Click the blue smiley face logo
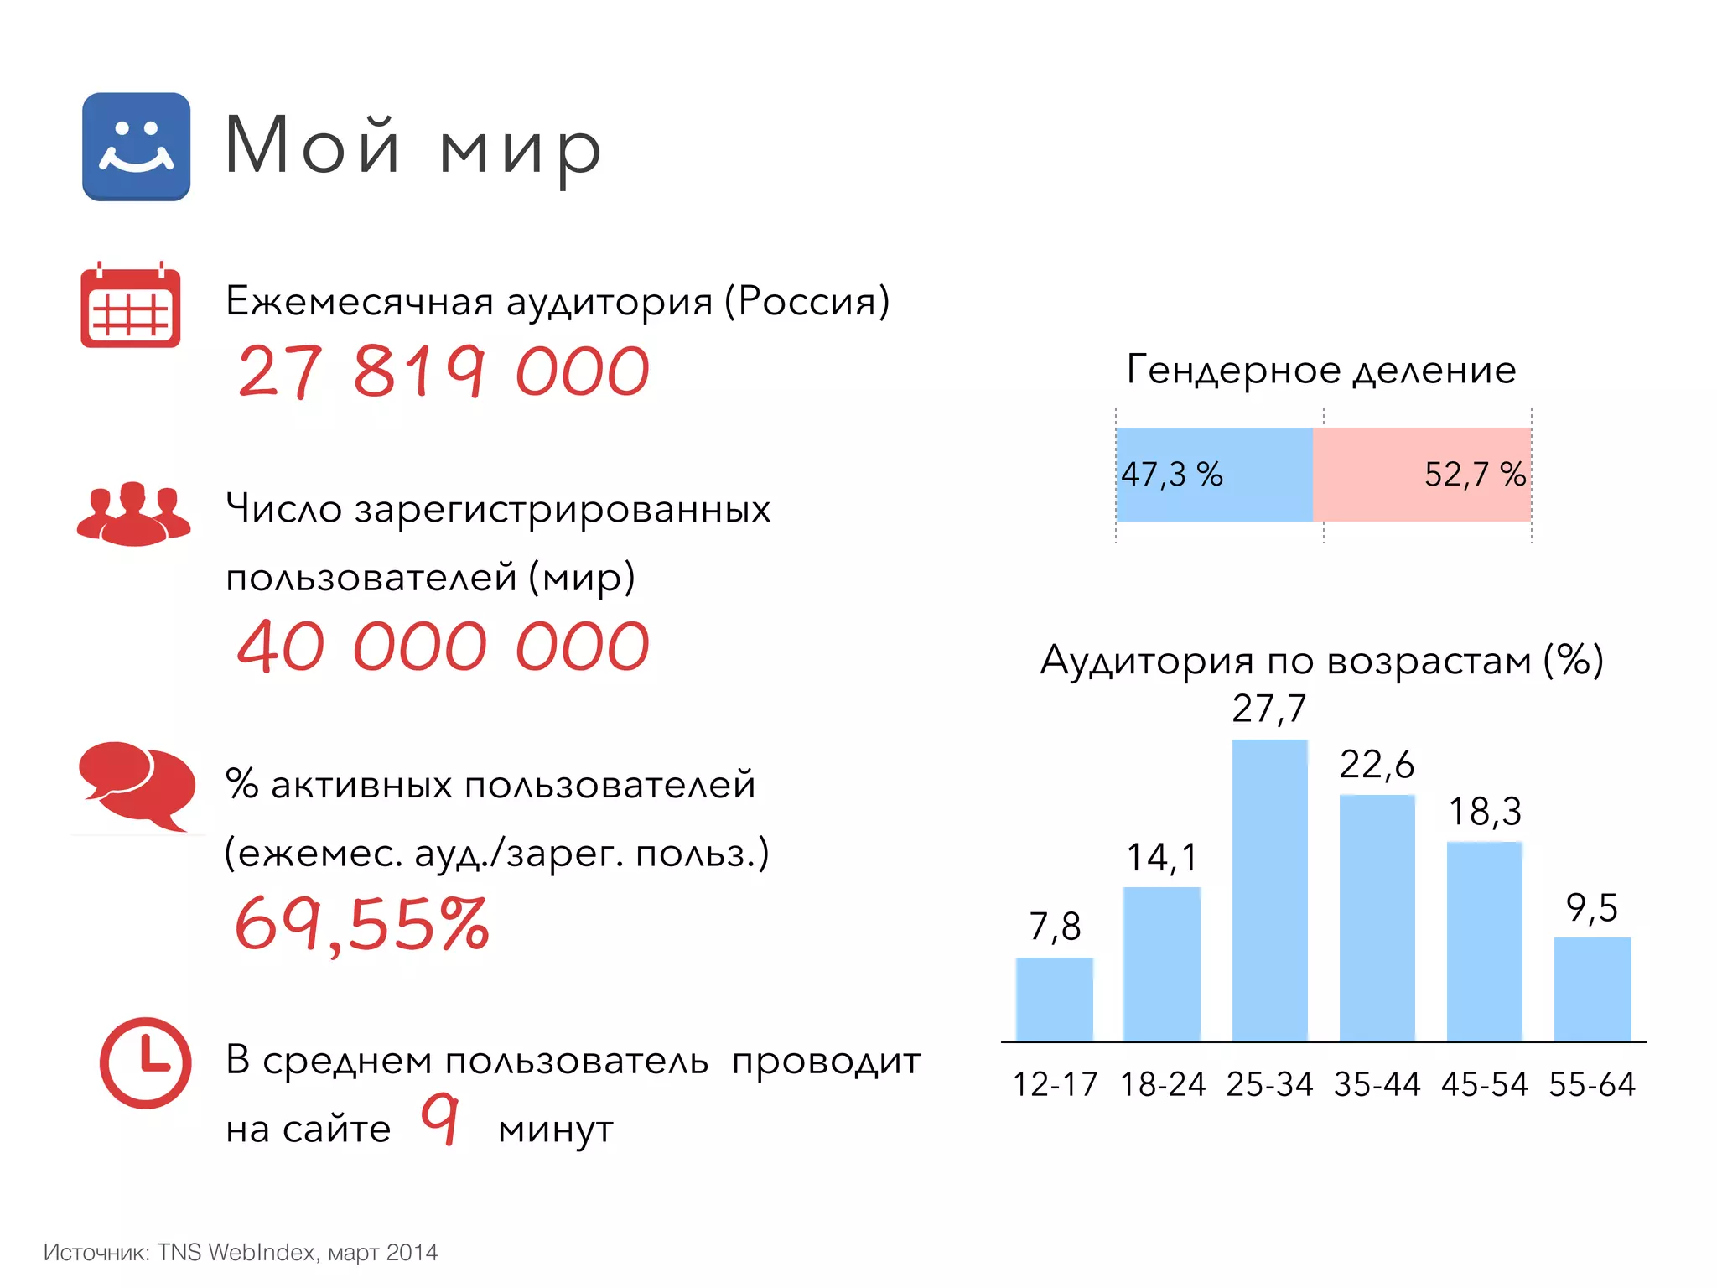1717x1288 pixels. (x=136, y=146)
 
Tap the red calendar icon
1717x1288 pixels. (x=130, y=306)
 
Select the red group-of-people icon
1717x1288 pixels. (x=133, y=513)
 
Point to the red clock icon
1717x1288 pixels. (x=145, y=1062)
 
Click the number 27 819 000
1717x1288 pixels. (x=444, y=371)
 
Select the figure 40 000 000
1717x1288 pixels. (x=444, y=647)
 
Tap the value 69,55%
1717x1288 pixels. (x=362, y=923)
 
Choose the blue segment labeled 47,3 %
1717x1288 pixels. (x=1213, y=475)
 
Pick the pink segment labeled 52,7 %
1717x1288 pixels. (x=1422, y=475)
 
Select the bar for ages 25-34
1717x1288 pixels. (x=1269, y=890)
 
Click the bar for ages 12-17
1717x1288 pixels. (x=1054, y=999)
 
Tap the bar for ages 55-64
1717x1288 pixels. (x=1592, y=989)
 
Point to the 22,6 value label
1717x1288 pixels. (x=1377, y=765)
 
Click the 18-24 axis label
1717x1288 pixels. (x=1162, y=1084)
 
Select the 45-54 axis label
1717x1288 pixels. (x=1485, y=1084)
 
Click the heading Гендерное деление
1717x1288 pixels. (x=1321, y=370)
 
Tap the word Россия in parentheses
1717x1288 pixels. (x=807, y=301)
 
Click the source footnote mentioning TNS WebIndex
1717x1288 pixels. (x=241, y=1252)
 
